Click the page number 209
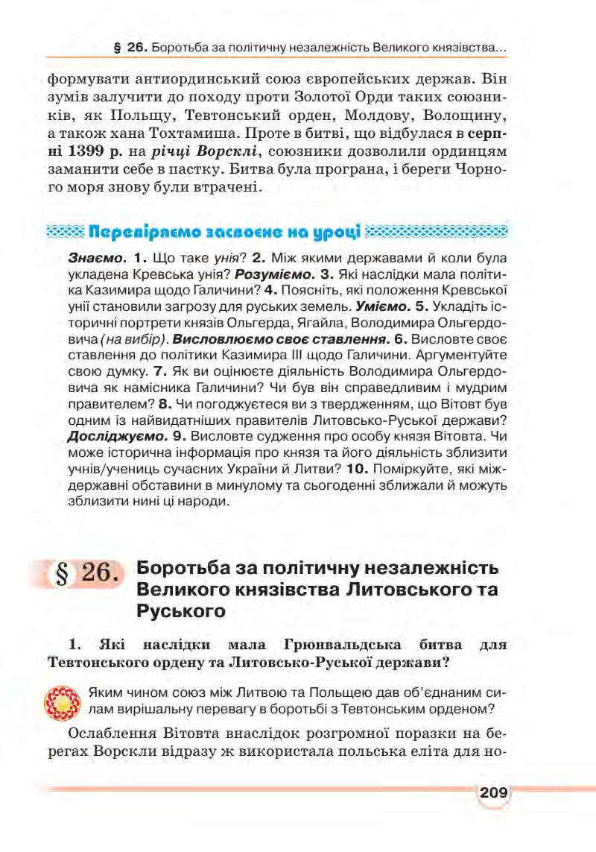(492, 792)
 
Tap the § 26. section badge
(87, 574)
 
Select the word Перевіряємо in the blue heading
(141, 230)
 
